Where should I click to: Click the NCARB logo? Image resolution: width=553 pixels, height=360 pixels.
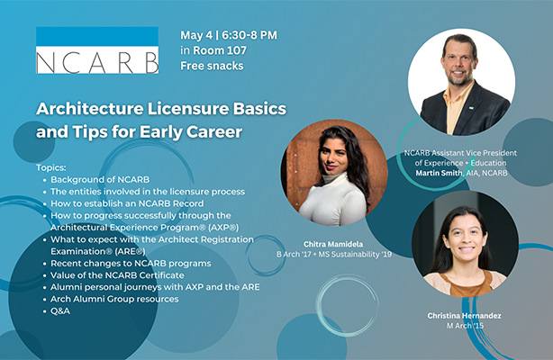[97, 50]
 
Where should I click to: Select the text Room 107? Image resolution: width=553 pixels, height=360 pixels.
[220, 49]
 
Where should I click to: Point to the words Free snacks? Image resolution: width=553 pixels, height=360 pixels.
[213, 65]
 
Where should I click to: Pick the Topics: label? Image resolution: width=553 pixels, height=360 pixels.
[53, 167]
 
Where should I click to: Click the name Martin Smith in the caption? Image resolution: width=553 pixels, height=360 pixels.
[440, 172]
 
